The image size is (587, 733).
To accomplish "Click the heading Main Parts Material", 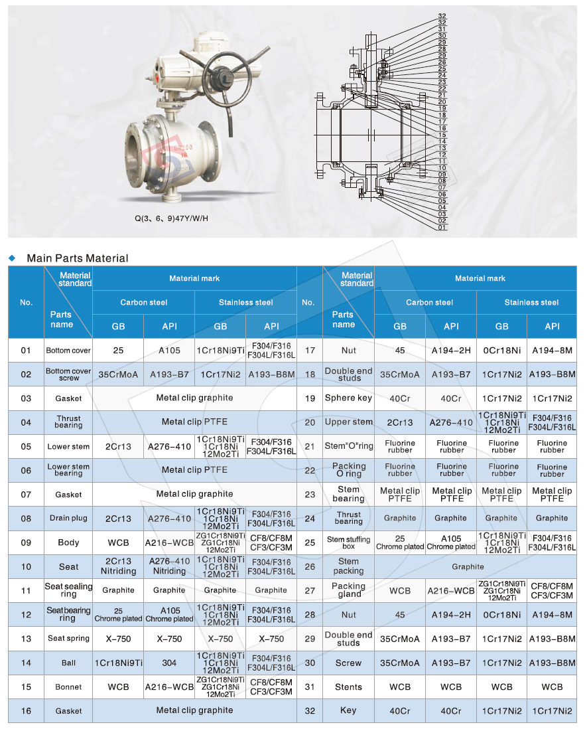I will pyautogui.click(x=78, y=258).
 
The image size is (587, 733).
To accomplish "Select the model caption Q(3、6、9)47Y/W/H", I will pyautogui.click(x=170, y=217).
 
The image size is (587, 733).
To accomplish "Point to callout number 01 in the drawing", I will pyautogui.click(x=442, y=228).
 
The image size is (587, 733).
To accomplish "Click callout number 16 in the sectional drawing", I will pyautogui.click(x=442, y=128).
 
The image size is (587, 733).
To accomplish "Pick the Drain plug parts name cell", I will pyautogui.click(x=68, y=519).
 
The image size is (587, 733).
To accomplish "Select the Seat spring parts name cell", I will pyautogui.click(x=68, y=639).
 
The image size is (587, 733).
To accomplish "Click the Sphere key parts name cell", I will pyautogui.click(x=348, y=398).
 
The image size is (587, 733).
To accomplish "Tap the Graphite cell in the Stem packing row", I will pyautogui.click(x=468, y=566).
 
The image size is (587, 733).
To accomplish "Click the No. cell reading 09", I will pyautogui.click(x=26, y=542).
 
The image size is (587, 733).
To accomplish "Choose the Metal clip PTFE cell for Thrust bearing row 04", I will pyautogui.click(x=194, y=422).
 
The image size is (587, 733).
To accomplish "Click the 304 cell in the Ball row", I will pyautogui.click(x=169, y=663).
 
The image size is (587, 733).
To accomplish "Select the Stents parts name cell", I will pyautogui.click(x=348, y=687).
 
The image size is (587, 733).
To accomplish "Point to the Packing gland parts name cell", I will pyautogui.click(x=348, y=590).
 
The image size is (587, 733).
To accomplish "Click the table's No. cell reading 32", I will pyautogui.click(x=308, y=711).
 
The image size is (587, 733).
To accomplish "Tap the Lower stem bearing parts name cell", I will pyautogui.click(x=68, y=470).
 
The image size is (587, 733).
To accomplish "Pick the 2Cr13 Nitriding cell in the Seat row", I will pyautogui.click(x=118, y=566).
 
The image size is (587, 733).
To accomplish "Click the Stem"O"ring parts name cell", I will pyautogui.click(x=348, y=446).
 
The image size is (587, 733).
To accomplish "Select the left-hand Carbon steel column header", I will pyautogui.click(x=143, y=303).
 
